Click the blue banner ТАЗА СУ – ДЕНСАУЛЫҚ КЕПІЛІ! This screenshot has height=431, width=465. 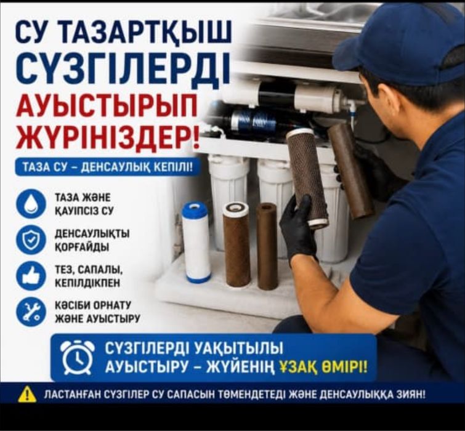108,167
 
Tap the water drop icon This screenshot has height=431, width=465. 31,204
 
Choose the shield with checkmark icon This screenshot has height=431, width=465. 31,240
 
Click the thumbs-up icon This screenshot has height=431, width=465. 31,276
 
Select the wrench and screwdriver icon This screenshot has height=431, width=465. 31,312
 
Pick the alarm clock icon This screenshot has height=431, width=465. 78,357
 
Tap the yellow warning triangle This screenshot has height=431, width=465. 27,395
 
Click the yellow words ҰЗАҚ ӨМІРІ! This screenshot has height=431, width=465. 323,368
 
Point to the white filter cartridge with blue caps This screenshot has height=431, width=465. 196,242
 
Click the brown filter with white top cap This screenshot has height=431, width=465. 237,244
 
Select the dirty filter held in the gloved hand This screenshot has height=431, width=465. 307,177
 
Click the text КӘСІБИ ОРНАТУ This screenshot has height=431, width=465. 93,305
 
